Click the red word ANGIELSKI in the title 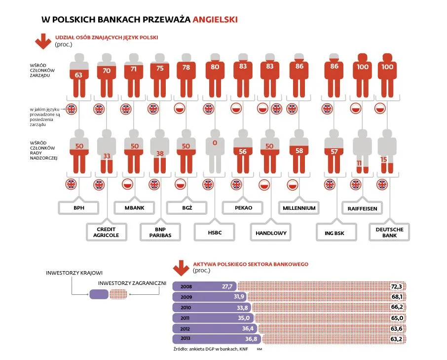click(x=215, y=20)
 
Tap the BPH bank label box click(x=78, y=208)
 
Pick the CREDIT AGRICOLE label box click(x=106, y=233)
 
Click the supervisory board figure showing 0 click(x=215, y=150)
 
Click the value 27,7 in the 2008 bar click(x=227, y=286)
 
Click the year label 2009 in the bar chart click(x=186, y=297)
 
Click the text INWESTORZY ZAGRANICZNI click(x=131, y=283)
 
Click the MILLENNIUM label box click(x=299, y=208)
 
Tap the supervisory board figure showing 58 click(x=299, y=150)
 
